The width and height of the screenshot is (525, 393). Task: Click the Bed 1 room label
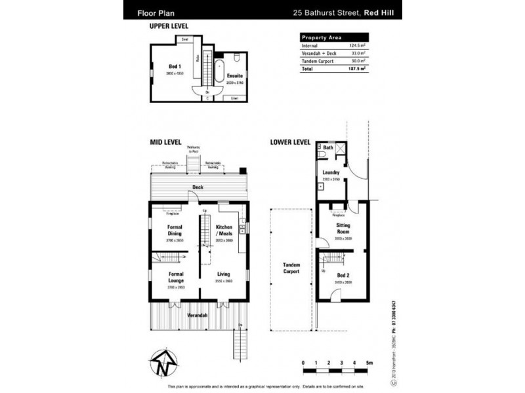tap(174, 67)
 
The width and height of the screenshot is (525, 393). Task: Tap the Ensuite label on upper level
tap(234, 75)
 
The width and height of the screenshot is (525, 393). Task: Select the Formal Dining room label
tap(175, 230)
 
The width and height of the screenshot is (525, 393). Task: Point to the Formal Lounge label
tap(175, 277)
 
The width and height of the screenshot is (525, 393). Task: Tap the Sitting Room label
tap(343, 229)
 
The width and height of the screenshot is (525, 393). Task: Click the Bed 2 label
tap(343, 275)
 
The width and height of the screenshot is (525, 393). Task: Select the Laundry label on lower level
tap(331, 173)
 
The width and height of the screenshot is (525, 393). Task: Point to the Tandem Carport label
tap(291, 268)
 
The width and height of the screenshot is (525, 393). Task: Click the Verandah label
tap(198, 315)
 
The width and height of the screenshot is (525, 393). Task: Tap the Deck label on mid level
tap(198, 187)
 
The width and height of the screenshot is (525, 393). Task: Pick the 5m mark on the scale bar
tap(369, 362)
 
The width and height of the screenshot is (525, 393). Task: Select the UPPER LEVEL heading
tap(169, 26)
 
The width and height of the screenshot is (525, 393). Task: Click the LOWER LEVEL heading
tap(289, 141)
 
